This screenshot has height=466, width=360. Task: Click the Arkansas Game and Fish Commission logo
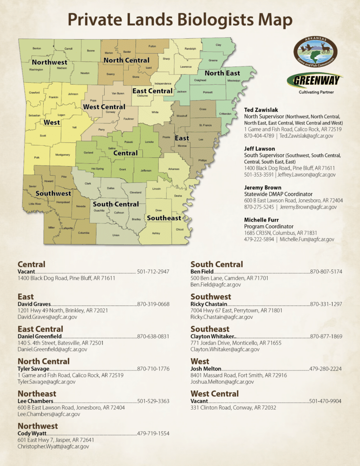tap(315, 50)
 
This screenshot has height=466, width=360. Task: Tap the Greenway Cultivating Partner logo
tap(315, 83)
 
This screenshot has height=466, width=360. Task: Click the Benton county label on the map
tap(36, 48)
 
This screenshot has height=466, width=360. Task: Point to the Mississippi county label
tap(233, 81)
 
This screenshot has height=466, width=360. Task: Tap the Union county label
tap(116, 235)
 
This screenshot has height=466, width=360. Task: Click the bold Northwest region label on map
tap(49, 62)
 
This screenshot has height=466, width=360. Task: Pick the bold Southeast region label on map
tap(164, 218)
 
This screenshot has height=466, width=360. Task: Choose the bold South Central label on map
tap(116, 204)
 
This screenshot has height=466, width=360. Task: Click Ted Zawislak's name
tap(261, 110)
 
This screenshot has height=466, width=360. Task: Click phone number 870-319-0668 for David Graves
tap(153, 304)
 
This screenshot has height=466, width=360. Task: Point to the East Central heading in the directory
tap(40, 329)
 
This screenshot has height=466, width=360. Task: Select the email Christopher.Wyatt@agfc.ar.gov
tap(53, 446)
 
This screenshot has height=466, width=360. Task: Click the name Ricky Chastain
tap(208, 304)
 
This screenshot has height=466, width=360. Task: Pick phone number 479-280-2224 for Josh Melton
tap(325, 369)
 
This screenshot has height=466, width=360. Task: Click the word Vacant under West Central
tap(198, 401)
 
